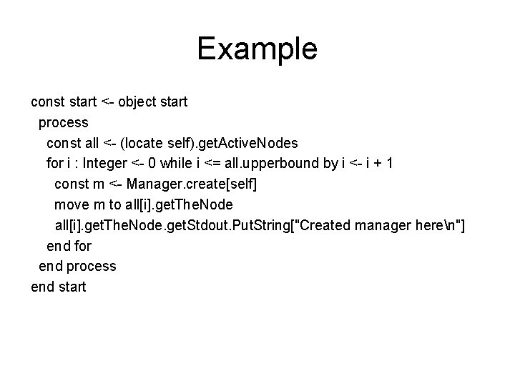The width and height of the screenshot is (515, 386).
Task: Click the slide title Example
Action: click(x=257, y=49)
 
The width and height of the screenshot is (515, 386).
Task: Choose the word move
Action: click(x=71, y=204)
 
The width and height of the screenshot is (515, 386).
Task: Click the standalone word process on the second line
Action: click(x=64, y=122)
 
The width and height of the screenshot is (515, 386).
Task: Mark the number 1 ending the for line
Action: click(x=388, y=164)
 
